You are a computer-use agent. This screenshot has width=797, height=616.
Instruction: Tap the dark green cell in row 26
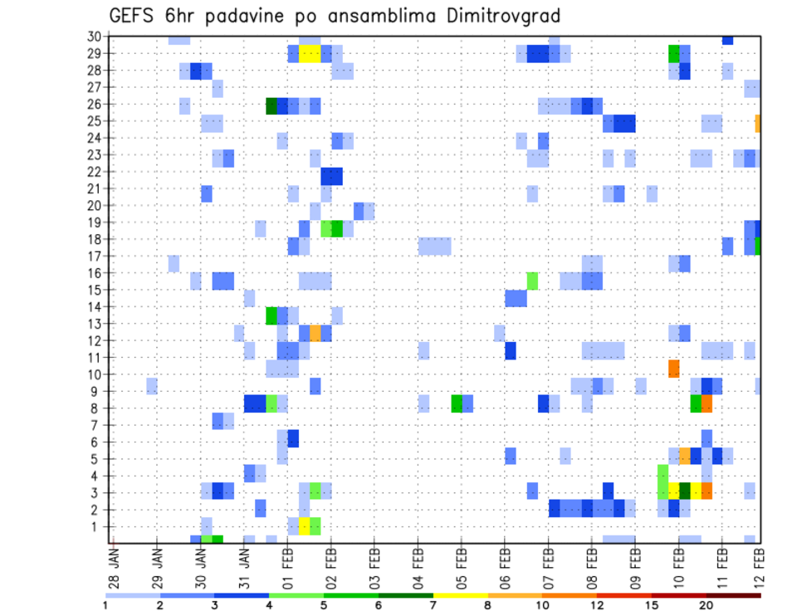(271, 105)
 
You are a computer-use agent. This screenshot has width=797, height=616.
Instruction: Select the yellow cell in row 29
(310, 54)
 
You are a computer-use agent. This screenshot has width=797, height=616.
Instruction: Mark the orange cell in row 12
(315, 333)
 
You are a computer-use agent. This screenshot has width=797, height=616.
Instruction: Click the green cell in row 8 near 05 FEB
(457, 403)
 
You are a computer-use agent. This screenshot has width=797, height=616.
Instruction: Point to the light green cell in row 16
(532, 281)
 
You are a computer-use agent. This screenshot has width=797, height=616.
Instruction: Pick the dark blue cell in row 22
(331, 176)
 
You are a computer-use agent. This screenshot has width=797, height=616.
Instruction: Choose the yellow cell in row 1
(304, 526)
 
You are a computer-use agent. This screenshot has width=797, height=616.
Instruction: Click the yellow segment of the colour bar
(460, 594)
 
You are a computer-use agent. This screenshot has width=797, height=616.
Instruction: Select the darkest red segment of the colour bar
(732, 594)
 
